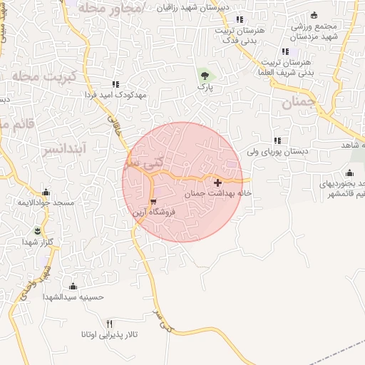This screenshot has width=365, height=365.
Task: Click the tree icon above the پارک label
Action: tap(206, 73)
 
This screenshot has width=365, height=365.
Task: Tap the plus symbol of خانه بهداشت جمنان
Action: tap(217, 183)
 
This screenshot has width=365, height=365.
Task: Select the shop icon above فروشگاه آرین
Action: tap(154, 202)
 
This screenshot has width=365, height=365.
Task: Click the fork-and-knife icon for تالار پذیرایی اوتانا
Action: tap(109, 323)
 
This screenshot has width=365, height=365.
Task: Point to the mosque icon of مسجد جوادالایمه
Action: tap(46, 192)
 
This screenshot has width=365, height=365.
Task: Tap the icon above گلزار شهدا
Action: tap(38, 230)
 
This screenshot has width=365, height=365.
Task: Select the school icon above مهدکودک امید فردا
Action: tap(115, 84)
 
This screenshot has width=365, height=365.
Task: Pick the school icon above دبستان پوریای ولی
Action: tap(277, 140)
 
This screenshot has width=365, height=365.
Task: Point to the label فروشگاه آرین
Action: tap(154, 212)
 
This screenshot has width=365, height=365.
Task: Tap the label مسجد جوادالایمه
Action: tap(47, 203)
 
